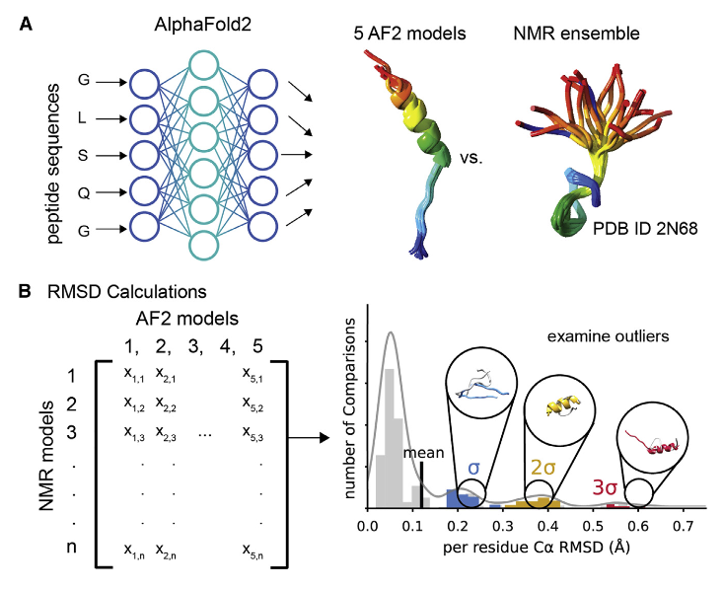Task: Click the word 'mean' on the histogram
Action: coord(422,454)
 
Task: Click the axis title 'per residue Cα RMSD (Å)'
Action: coord(537,548)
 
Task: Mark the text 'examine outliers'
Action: coord(608,336)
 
